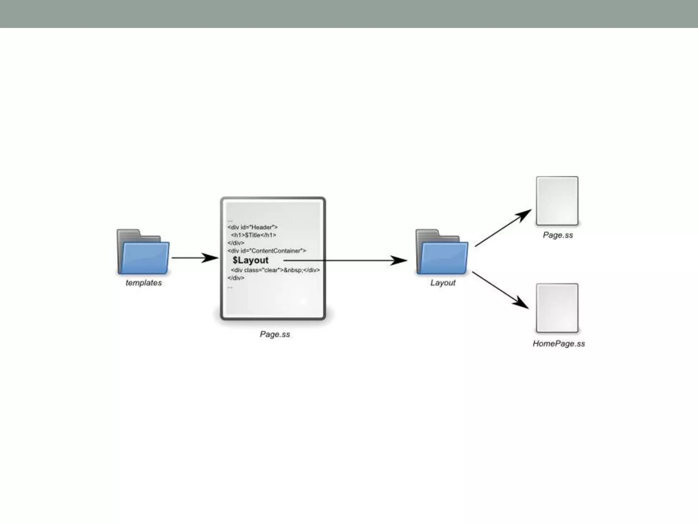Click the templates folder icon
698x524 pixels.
[x=143, y=252]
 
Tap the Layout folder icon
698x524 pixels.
[x=442, y=252]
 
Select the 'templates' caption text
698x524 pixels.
[x=143, y=283]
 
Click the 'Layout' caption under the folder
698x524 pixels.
[x=443, y=283]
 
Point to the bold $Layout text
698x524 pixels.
[x=251, y=260]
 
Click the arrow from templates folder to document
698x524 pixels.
[x=194, y=258]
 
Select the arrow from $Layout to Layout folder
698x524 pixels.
[x=344, y=261]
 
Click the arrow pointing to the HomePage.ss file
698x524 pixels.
[x=500, y=290]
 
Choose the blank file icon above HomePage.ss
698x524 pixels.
[x=557, y=308]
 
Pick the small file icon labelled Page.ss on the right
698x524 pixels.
[x=557, y=201]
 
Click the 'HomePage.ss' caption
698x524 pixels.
[x=559, y=344]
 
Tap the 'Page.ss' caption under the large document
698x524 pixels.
[x=275, y=334]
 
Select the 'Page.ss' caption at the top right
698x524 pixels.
[x=558, y=235]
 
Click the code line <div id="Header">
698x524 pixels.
[x=253, y=227]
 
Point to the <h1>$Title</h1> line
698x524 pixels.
[x=253, y=235]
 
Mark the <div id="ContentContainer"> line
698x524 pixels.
[x=267, y=251]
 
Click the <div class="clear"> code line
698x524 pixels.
[x=275, y=270]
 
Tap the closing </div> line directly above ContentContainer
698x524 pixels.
[x=236, y=243]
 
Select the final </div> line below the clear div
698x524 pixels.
[x=236, y=278]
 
